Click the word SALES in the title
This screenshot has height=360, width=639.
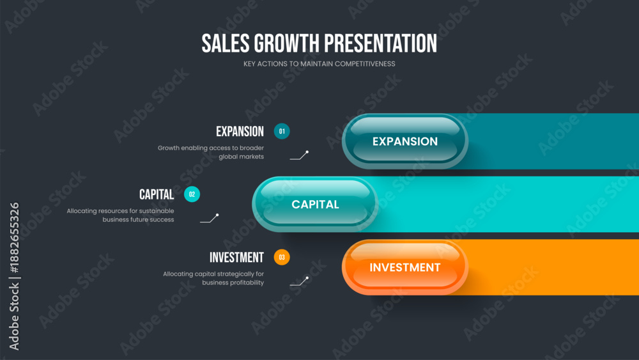226,43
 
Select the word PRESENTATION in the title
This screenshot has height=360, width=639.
380,43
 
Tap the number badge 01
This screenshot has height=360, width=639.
282,131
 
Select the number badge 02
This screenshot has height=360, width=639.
192,194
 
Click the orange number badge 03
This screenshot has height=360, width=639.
282,257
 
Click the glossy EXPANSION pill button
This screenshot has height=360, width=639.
405,141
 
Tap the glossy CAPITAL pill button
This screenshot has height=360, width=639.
315,204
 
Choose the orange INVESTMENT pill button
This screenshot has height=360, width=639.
405,267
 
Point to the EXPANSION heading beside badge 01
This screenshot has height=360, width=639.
240,131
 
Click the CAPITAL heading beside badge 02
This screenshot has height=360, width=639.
157,194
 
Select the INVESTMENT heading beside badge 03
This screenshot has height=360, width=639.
237,257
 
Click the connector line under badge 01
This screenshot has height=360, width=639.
299,155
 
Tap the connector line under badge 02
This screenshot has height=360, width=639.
210,218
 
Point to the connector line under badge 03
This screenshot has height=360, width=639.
299,281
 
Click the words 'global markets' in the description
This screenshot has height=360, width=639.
242,157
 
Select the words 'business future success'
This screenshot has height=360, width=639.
138,220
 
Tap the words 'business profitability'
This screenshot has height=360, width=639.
233,283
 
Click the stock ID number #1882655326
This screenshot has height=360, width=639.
14,238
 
